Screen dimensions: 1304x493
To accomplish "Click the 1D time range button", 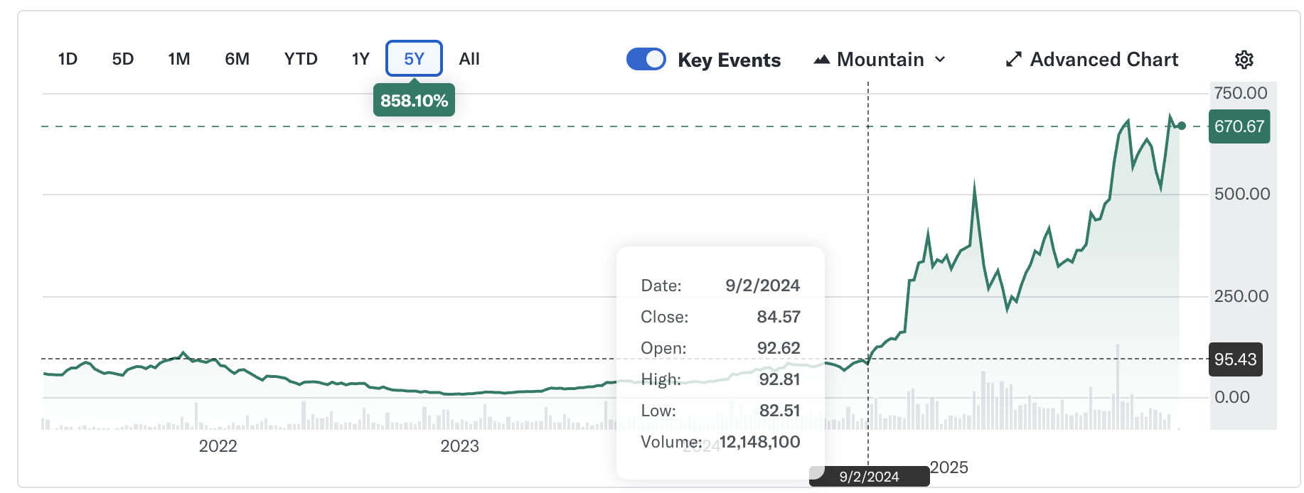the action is coord(68,59).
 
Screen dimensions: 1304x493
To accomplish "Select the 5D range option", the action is coord(123,59).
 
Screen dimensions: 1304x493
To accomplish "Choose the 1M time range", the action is coord(179,59).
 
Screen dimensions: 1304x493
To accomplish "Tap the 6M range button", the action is coord(237,59).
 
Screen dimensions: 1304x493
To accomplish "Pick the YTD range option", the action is coord(301,59).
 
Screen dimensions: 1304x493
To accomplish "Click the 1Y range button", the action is coord(360,59).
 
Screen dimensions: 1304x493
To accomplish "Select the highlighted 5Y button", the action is coord(414,58).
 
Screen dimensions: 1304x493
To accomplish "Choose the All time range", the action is coord(469,59).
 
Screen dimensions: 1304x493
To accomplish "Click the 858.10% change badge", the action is coord(414,101).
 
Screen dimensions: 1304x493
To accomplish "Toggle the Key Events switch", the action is coord(646,59).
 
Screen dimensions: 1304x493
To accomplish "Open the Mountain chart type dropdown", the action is coord(880,60).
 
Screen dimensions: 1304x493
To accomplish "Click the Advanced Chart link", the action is coord(1092,60).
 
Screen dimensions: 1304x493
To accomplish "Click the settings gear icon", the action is coord(1244,60).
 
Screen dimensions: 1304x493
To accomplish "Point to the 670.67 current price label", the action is coord(1239,126).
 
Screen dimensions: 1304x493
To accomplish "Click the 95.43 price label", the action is coord(1236,359).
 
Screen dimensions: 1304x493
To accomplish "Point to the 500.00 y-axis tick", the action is coord(1242,194).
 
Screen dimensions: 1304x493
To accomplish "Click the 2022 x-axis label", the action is coord(218,446).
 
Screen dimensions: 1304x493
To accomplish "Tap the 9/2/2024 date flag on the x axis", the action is coord(869,477).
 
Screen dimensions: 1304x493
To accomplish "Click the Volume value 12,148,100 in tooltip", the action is coord(759,442).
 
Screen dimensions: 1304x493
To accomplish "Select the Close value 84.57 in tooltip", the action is coord(779,317).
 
